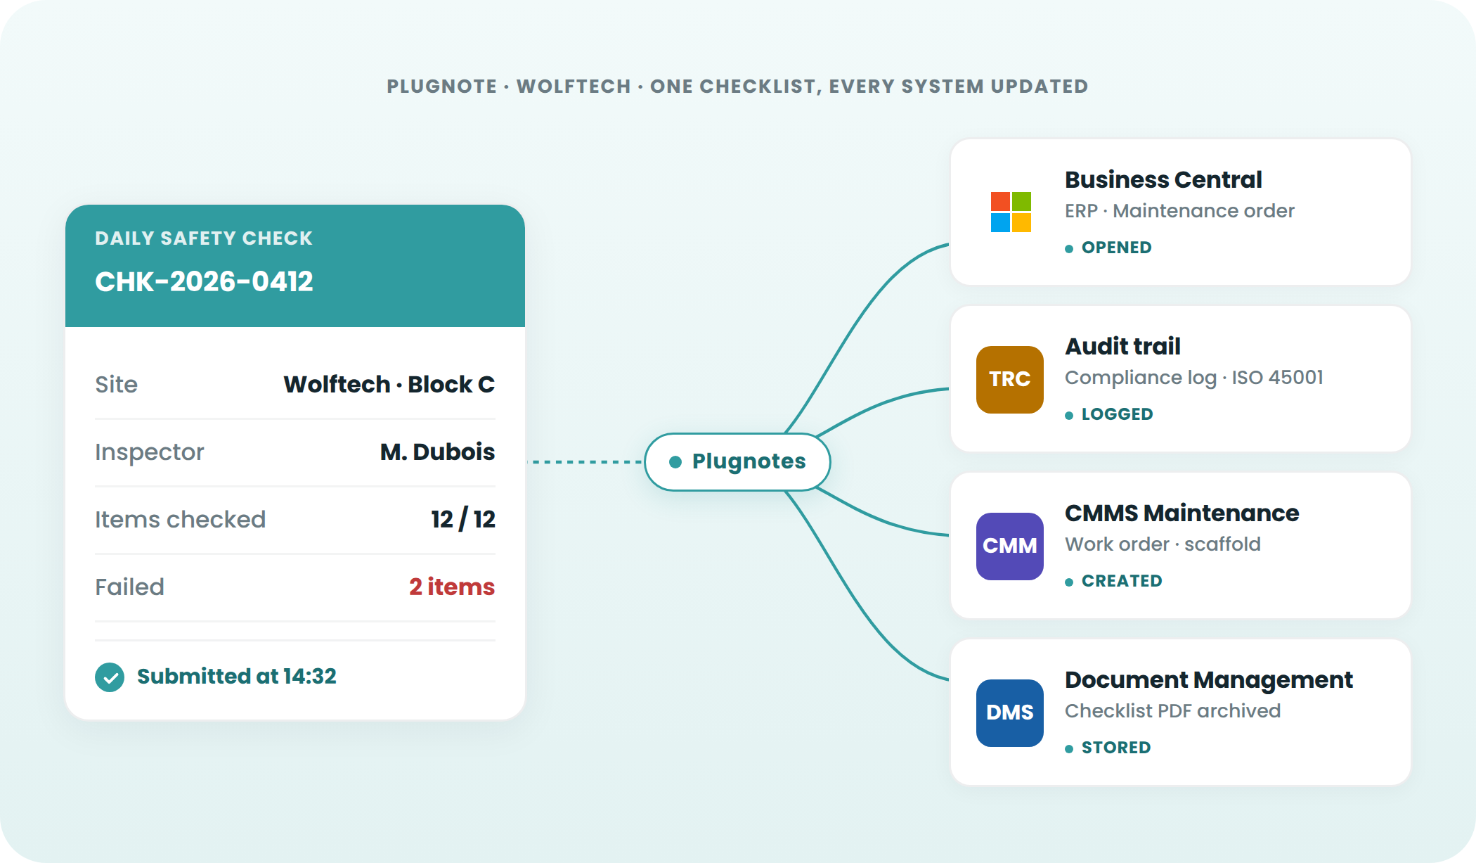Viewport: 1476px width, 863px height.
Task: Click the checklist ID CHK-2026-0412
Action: point(204,281)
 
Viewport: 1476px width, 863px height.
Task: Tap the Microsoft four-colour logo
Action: point(1011,212)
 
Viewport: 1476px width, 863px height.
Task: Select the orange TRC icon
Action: point(1010,379)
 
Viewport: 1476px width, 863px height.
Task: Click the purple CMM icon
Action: point(1010,546)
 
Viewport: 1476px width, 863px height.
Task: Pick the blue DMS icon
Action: point(1010,712)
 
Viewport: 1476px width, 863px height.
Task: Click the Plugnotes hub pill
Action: point(737,461)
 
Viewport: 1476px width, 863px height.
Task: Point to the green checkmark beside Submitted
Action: point(110,677)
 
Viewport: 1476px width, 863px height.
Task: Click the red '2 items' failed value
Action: point(452,587)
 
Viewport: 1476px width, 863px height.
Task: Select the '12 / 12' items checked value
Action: point(463,519)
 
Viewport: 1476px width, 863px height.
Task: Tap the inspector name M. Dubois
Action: point(437,452)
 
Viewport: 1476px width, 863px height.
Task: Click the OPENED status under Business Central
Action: point(1116,248)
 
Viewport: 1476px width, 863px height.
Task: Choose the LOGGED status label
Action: point(1117,414)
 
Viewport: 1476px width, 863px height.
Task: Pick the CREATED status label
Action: point(1122,581)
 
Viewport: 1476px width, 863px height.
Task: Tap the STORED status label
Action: point(1116,748)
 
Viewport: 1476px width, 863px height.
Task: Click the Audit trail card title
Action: point(1122,346)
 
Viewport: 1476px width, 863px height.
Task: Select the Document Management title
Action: point(1209,680)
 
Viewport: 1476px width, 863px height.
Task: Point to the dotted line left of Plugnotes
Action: point(585,462)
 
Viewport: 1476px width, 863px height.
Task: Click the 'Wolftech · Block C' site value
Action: point(389,384)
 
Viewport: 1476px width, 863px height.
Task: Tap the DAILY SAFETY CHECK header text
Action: point(204,238)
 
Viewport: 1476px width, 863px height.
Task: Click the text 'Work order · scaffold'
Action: point(1163,544)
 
